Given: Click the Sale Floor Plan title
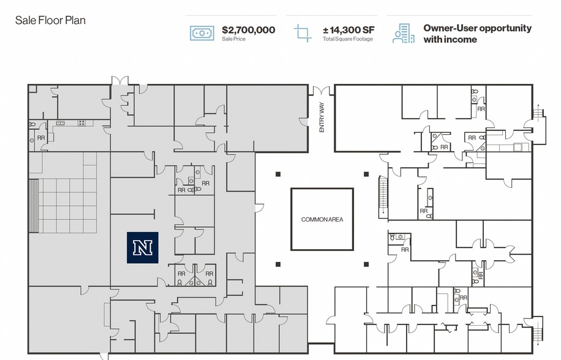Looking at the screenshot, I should coord(50,20).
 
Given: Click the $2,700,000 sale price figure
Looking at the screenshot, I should coord(248,29).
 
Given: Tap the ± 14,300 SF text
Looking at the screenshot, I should coord(348,29).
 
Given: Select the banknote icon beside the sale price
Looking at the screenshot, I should coord(202,33).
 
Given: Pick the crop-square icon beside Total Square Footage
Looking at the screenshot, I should coord(303,33).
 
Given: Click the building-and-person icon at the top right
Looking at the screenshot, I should coord(403,33).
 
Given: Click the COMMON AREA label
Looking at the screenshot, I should coord(322,219).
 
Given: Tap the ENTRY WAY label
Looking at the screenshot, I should coord(322,118).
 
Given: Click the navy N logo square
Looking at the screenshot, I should coord(143,248).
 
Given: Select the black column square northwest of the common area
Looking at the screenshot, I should coord(278,174).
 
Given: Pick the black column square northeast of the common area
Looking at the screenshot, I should coord(366,174).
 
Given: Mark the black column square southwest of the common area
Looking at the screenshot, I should coord(278,264).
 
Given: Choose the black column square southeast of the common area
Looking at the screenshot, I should coord(366,264).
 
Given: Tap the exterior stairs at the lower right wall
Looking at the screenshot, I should coord(538,329).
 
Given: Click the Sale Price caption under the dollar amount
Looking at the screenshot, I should coord(234,39).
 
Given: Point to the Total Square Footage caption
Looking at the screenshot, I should coord(347,39).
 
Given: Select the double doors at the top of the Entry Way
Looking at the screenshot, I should coord(322,91).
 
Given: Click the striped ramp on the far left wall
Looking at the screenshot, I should coord(34,206).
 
